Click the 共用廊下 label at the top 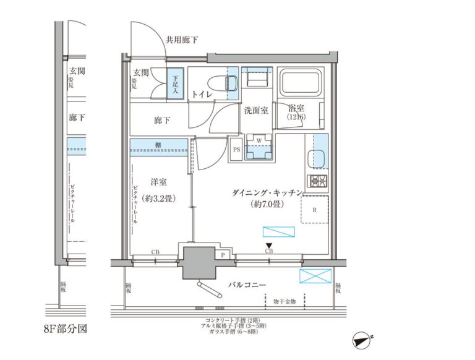pyautogui.click(x=182, y=40)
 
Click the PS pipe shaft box pyautogui.click(x=236, y=149)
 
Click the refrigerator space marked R pyautogui.click(x=314, y=209)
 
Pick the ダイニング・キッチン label pyautogui.click(x=267, y=193)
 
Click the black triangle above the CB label pyautogui.click(x=269, y=246)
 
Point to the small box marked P pyautogui.click(x=221, y=254)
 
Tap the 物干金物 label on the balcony pyautogui.click(x=285, y=301)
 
